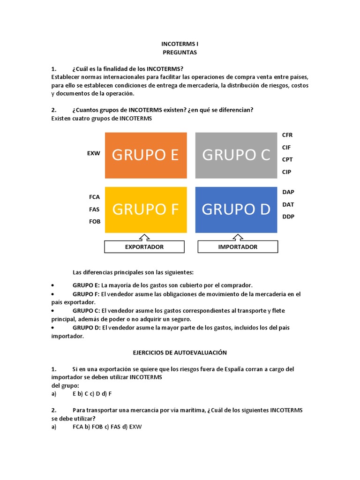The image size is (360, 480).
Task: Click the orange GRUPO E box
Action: click(146, 155)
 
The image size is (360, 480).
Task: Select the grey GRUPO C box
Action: click(236, 155)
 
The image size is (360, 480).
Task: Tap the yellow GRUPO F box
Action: click(146, 210)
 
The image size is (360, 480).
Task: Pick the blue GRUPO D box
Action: click(236, 210)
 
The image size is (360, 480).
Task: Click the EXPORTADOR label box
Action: click(144, 247)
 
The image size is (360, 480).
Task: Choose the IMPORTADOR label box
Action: click(238, 247)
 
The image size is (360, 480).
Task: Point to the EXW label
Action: click(94, 153)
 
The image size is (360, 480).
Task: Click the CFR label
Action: click(287, 135)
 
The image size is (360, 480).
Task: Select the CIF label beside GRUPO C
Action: click(286, 147)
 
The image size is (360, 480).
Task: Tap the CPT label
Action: click(287, 159)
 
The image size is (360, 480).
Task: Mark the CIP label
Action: click(286, 172)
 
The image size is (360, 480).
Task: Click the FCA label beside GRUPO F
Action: click(95, 197)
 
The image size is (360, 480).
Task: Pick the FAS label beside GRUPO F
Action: click(95, 209)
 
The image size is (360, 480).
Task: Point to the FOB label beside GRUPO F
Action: click(95, 221)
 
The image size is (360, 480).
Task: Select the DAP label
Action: click(288, 192)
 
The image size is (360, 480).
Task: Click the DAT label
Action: click(288, 204)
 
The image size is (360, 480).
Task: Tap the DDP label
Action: click(288, 217)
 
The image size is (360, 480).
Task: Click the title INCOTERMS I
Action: click(180, 44)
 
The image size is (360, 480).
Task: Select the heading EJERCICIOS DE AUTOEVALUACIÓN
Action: click(180, 352)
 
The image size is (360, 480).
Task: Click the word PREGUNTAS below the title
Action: click(180, 52)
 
